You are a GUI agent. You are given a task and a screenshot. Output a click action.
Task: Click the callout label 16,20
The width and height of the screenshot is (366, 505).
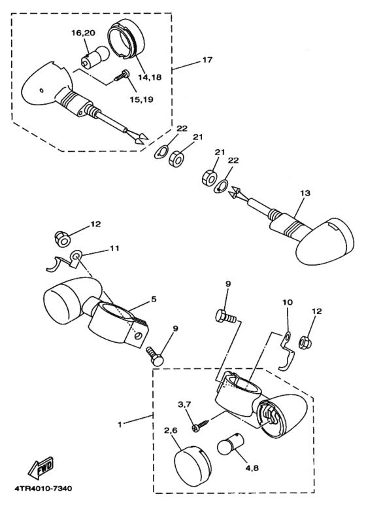tap(83, 33)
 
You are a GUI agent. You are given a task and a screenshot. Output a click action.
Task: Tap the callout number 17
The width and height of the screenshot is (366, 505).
tap(207, 60)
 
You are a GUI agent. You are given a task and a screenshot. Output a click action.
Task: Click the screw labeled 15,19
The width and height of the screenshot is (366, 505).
tap(122, 76)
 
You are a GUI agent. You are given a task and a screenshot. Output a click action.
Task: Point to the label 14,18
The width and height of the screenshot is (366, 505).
tap(150, 77)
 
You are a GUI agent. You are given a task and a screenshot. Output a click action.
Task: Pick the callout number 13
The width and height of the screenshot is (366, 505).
tap(305, 193)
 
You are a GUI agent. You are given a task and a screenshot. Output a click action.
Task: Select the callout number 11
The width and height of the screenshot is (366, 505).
tap(114, 249)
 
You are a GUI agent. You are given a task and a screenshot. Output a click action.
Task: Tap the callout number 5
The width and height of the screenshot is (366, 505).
tap(154, 299)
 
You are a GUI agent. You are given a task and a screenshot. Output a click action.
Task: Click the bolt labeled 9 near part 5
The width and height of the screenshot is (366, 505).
tap(156, 356)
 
